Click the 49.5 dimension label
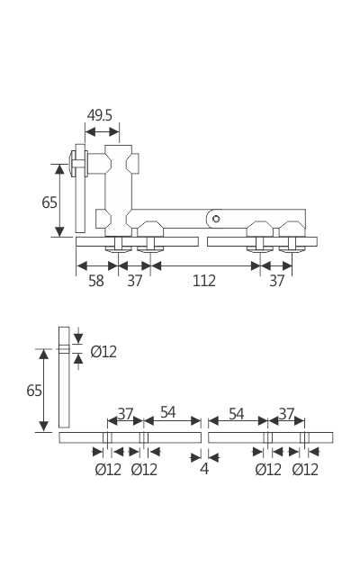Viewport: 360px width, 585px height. [x=100, y=115]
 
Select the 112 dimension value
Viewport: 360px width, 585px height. [x=204, y=281]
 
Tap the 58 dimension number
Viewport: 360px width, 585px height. [x=96, y=281]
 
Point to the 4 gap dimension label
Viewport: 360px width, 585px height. [x=204, y=468]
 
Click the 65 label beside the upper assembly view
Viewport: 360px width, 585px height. [x=49, y=202]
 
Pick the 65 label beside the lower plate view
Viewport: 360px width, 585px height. [x=34, y=391]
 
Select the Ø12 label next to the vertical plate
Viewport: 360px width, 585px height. [x=103, y=352]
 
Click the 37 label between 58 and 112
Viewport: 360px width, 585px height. [x=135, y=281]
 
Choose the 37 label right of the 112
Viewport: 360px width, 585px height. [x=277, y=281]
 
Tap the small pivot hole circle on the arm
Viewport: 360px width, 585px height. [x=216, y=219]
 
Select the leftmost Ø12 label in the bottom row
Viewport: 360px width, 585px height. [x=108, y=469]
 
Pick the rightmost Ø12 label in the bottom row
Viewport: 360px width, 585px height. [x=306, y=469]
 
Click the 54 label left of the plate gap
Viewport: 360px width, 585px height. [x=168, y=413]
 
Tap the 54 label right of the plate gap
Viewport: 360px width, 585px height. [x=236, y=414]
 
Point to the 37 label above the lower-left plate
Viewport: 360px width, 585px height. [x=125, y=414]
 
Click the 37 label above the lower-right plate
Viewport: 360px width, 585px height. [x=286, y=414]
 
